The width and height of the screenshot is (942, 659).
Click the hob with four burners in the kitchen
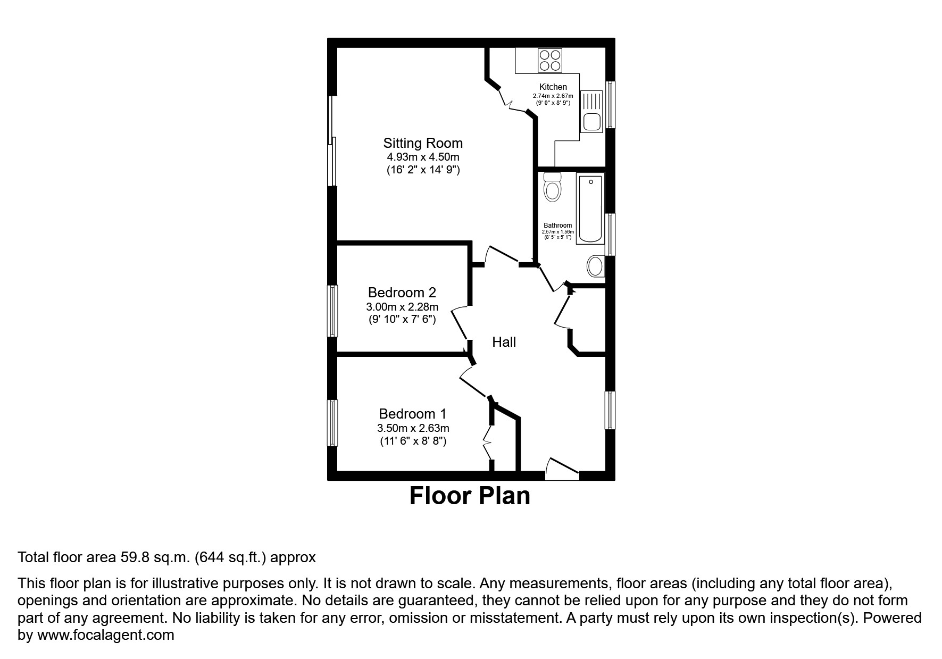pyautogui.click(x=550, y=60)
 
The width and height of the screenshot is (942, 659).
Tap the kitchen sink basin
pyautogui.click(x=591, y=122)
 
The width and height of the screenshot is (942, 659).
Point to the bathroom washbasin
pyautogui.click(x=596, y=266)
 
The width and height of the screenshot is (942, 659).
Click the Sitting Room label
pyautogui.click(x=423, y=143)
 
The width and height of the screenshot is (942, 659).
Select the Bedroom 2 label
pyautogui.click(x=402, y=293)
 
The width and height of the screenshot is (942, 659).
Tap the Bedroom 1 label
pyautogui.click(x=412, y=414)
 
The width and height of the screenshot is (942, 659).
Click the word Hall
pyautogui.click(x=504, y=342)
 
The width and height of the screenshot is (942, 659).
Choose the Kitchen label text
pyautogui.click(x=553, y=87)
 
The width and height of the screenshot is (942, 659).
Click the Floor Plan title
pyautogui.click(x=470, y=496)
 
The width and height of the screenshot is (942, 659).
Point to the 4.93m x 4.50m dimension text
pyautogui.click(x=423, y=157)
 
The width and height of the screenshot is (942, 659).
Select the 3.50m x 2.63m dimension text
pyautogui.click(x=413, y=428)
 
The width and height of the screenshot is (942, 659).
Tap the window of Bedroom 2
pyautogui.click(x=332, y=311)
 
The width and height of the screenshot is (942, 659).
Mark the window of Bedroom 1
pyautogui.click(x=332, y=423)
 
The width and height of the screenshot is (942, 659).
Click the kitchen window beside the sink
pyautogui.click(x=611, y=105)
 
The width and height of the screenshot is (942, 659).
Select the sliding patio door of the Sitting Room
pyautogui.click(x=332, y=141)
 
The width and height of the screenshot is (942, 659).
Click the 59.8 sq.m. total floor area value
pyautogui.click(x=155, y=557)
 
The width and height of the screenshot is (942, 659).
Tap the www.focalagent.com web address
pyautogui.click(x=105, y=635)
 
